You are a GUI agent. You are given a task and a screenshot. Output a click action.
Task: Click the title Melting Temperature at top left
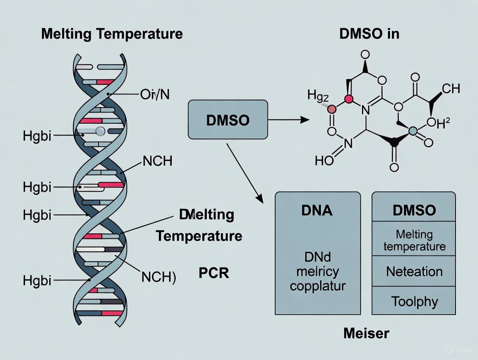112,34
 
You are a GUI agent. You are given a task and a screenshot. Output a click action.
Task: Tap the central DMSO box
228,120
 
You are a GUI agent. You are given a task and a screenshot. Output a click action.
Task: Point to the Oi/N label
155,94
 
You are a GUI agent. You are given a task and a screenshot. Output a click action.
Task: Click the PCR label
213,273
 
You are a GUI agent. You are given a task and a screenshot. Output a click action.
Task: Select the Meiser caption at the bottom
366,333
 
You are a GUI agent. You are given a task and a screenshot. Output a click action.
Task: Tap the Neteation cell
414,272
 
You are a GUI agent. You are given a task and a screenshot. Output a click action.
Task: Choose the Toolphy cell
414,301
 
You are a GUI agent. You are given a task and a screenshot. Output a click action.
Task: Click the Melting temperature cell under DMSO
414,240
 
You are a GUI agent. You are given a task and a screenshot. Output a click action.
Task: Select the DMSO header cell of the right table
414,210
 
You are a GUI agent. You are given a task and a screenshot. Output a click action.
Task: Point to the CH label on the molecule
451,89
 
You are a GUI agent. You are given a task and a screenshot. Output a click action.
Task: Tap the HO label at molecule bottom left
325,161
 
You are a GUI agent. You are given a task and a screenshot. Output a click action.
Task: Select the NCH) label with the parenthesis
159,277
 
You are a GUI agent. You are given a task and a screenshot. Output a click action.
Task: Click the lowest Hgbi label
37,280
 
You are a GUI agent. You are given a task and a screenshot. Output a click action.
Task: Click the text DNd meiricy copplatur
318,272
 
